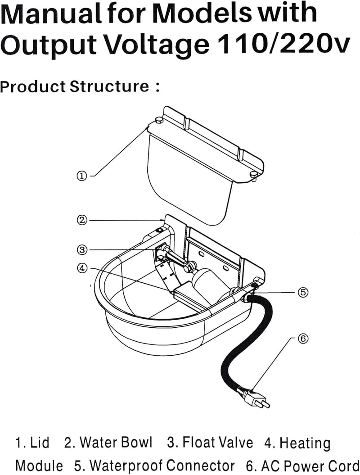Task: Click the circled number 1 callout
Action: click(82, 176)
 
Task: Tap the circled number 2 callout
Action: click(82, 220)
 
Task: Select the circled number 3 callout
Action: click(82, 250)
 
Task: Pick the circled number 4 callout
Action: click(82, 268)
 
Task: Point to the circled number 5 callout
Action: click(303, 292)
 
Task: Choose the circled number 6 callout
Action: click(303, 339)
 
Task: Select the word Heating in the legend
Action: click(305, 443)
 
